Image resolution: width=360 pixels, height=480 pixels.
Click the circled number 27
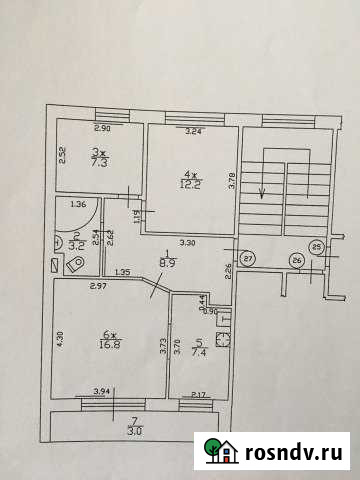point(248,257)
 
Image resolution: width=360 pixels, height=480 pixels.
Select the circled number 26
point(297,261)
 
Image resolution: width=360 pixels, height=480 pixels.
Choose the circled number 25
point(317,247)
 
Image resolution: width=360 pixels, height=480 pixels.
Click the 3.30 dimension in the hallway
point(187,243)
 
